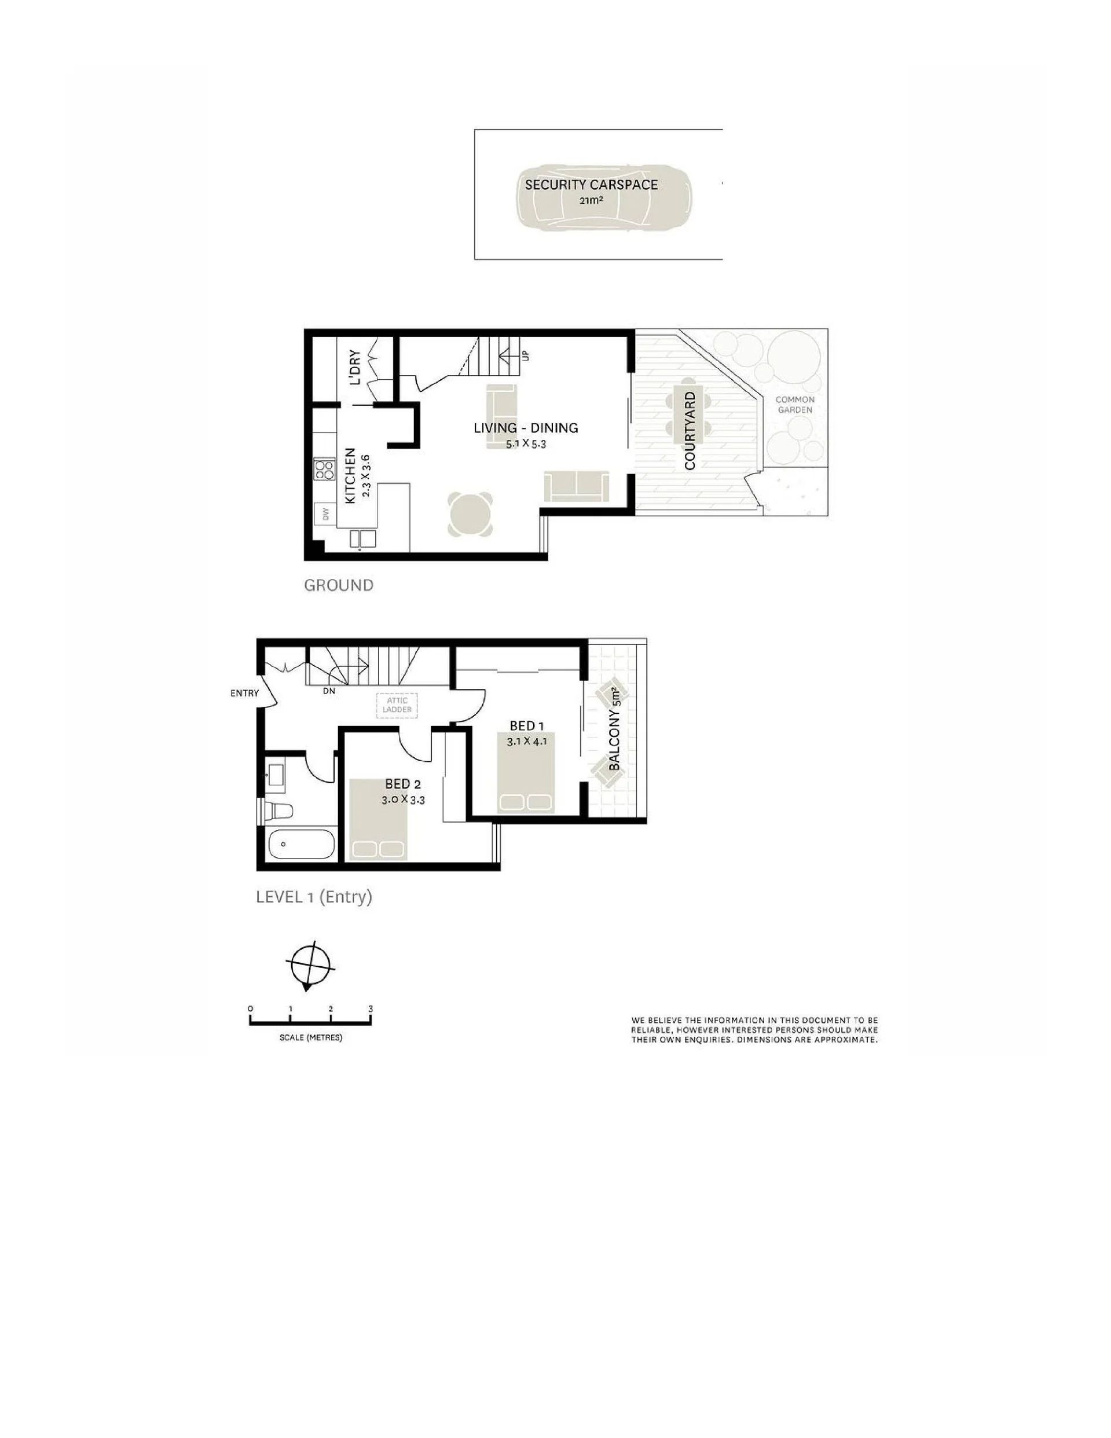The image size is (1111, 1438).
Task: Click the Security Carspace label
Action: click(591, 184)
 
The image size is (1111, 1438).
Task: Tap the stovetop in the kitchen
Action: click(324, 469)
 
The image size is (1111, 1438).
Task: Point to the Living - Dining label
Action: click(526, 428)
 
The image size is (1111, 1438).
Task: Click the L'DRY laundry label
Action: click(355, 367)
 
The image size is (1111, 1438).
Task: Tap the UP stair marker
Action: click(526, 356)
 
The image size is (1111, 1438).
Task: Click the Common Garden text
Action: click(795, 404)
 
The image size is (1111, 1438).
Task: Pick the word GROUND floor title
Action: click(339, 585)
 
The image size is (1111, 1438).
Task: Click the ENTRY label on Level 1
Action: click(244, 693)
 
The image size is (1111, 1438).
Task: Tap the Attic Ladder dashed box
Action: click(397, 705)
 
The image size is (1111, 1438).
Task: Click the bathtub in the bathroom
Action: click(302, 843)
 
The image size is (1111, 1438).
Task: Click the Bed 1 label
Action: click(527, 725)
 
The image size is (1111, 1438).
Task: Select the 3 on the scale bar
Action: click(371, 1008)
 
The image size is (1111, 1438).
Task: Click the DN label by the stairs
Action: click(329, 691)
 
